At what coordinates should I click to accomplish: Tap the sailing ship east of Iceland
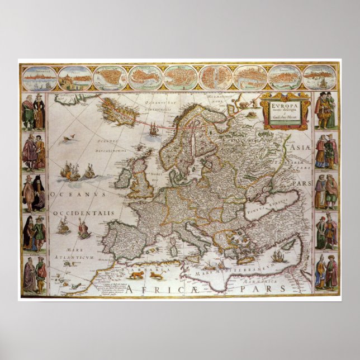154,129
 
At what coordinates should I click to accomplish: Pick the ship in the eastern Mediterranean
278,256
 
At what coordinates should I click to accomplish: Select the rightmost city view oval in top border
319,78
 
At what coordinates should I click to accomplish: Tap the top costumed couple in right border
326,111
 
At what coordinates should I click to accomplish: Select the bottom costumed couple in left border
34,274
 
